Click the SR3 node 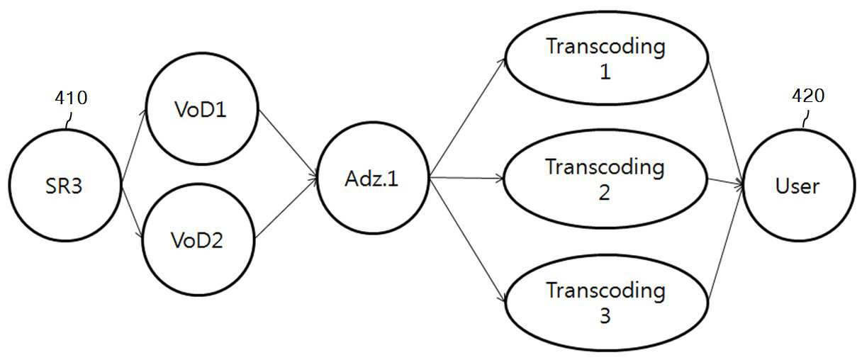pos(65,186)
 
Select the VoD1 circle pos(201,109)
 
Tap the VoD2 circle pos(198,240)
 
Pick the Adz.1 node pos(372,178)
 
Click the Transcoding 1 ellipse pos(607,57)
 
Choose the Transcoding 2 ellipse pos(605,179)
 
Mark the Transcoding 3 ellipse pos(607,303)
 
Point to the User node pos(798,186)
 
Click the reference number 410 pos(71,98)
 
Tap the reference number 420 pos(808,96)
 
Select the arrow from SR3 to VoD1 pos(134,145)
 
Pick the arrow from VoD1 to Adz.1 pos(288,144)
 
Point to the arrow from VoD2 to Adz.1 pos(286,208)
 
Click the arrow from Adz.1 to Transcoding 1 pos(467,118)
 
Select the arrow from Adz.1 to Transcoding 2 pos(466,178)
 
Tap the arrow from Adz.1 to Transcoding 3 pos(467,240)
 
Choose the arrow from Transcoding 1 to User pos(726,123)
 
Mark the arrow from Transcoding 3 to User pos(726,244)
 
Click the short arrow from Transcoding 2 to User pos(726,182)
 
